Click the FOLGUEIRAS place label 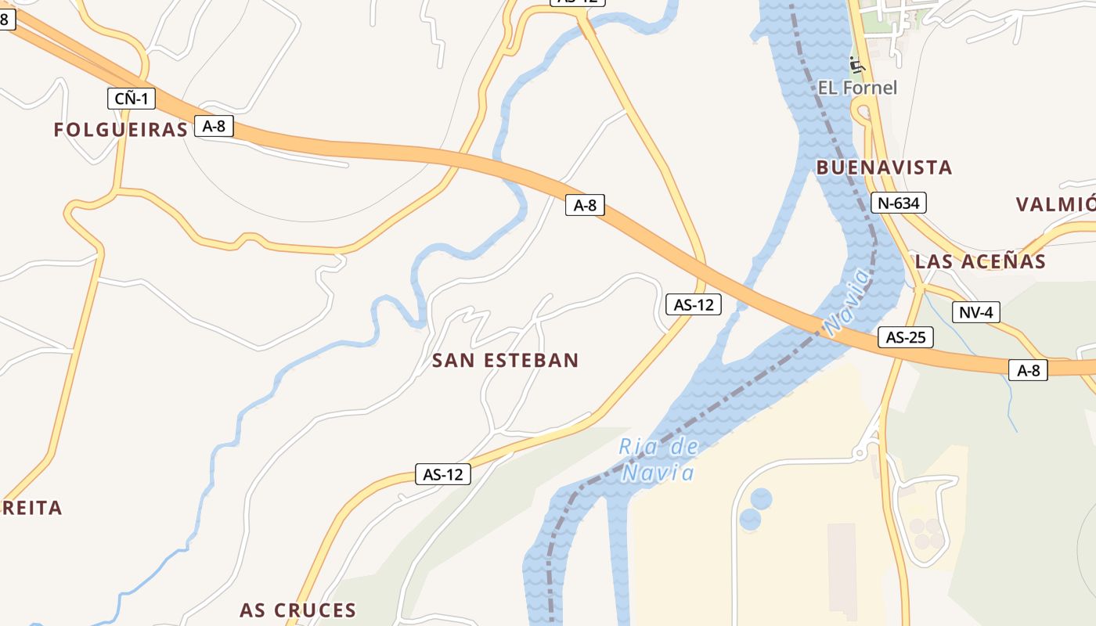click(x=121, y=130)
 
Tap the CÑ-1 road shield click(x=132, y=99)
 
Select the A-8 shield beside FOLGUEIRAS click(x=214, y=126)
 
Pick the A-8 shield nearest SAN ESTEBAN click(x=585, y=205)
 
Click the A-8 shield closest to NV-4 click(x=1028, y=370)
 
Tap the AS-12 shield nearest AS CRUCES click(x=442, y=473)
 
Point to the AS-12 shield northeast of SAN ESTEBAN click(x=693, y=304)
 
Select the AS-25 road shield click(x=905, y=337)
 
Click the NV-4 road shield click(x=976, y=312)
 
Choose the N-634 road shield click(x=898, y=203)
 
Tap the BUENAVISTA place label click(x=884, y=167)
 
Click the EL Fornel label click(x=857, y=88)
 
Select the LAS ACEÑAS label click(x=980, y=261)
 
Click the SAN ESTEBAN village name click(x=505, y=361)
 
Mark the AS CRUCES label click(x=297, y=610)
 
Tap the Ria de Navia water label click(x=658, y=460)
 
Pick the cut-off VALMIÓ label click(x=1055, y=205)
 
